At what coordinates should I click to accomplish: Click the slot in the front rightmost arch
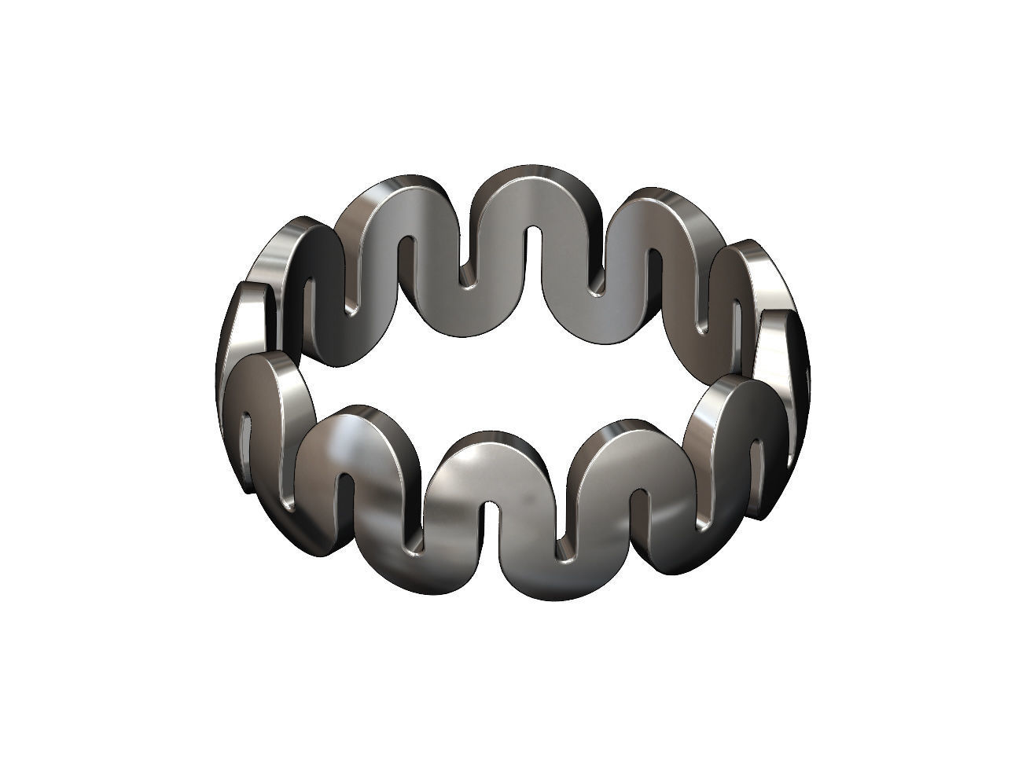(x=758, y=464)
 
